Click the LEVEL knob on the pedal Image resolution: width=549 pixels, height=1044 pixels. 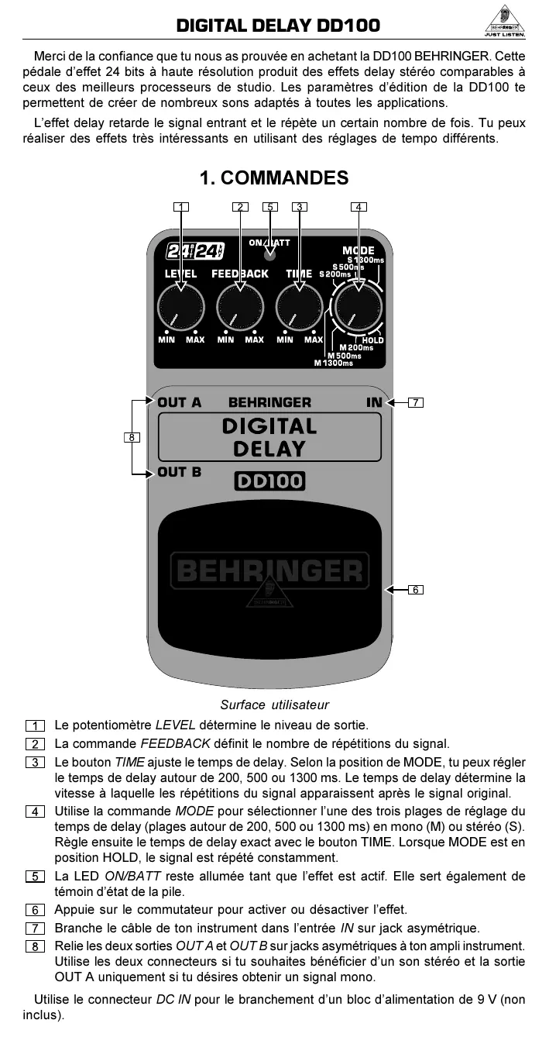coord(180,308)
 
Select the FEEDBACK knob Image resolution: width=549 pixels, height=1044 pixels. coord(240,308)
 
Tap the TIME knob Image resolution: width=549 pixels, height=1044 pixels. coord(300,308)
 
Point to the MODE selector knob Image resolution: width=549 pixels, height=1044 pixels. coord(359,308)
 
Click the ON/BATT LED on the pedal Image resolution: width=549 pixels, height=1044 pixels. coord(269,254)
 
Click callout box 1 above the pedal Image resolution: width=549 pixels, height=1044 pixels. coord(180,207)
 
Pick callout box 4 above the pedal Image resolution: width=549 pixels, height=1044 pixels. coord(359,207)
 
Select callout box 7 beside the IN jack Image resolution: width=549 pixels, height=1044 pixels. coord(416,402)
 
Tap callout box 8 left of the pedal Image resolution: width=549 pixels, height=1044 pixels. coord(132,438)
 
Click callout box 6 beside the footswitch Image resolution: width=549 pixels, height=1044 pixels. coord(416,590)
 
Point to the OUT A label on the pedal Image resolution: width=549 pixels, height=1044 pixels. coord(179,402)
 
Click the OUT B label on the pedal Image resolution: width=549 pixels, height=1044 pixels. coord(179,471)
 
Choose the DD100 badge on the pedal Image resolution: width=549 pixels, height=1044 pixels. coord(269,482)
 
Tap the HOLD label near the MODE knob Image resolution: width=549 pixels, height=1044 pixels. coord(372,340)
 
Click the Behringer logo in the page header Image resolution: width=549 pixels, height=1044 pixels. coord(504,25)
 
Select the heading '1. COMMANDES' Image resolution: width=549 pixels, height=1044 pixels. coord(274,178)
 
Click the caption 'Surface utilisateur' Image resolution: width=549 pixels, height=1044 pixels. coord(274,705)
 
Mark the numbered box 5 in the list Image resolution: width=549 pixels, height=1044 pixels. coord(35,877)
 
